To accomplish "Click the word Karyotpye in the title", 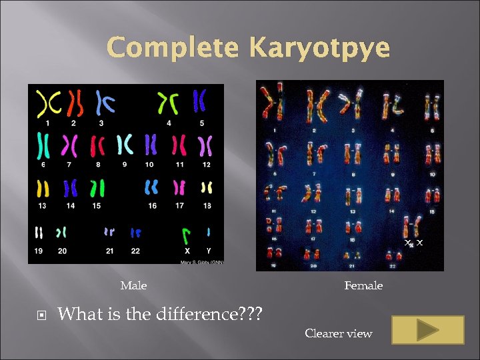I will (320, 49).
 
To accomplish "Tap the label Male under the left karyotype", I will (133, 286).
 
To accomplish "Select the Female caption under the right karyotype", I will (363, 286).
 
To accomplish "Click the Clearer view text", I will (339, 333).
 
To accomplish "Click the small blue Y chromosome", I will (209, 232).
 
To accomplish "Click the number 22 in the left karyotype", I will (136, 251).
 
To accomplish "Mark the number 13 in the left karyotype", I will (42, 206).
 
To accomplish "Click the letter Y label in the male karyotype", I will (209, 251).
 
